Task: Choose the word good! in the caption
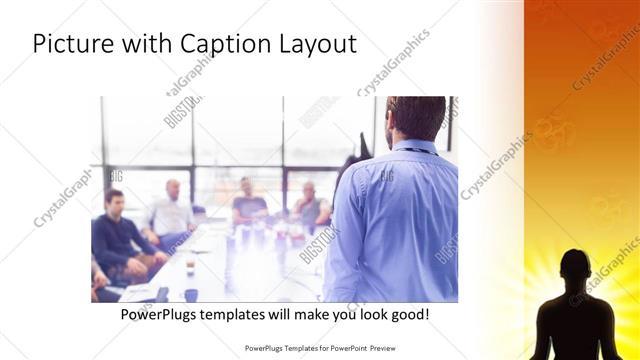(409, 314)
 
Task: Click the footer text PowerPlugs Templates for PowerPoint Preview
(320, 348)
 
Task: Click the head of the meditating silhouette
(573, 267)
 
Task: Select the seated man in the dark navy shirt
(114, 235)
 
